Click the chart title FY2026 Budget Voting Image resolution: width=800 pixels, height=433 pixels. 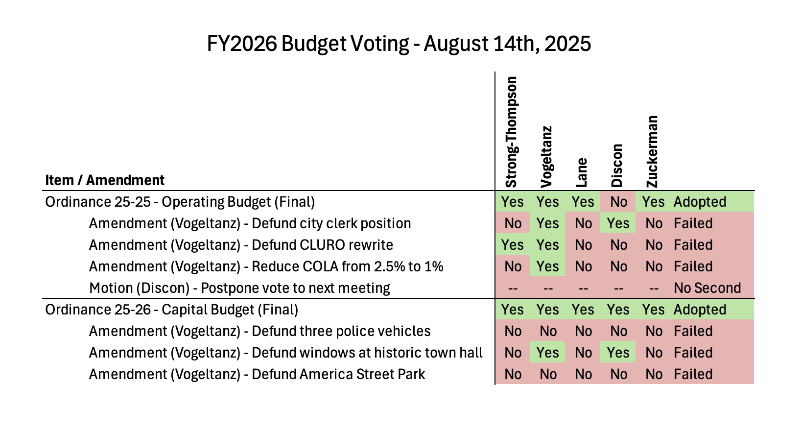399,44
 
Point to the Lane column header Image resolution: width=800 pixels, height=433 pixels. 582,172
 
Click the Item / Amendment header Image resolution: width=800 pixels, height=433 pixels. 105,180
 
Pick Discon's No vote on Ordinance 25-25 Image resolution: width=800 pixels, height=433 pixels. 618,202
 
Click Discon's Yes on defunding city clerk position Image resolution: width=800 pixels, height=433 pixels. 618,223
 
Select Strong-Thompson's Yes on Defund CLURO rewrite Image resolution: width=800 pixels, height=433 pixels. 512,245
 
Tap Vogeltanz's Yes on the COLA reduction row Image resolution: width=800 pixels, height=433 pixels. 547,266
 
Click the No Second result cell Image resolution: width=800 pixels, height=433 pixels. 707,288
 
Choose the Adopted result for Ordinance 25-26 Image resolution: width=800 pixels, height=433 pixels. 700,310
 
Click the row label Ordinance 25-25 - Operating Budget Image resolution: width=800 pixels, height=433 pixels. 180,202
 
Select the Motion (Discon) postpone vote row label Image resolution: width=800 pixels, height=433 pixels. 239,288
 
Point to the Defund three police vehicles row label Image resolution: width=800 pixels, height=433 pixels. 259,331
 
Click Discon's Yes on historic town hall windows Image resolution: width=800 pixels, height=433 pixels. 618,353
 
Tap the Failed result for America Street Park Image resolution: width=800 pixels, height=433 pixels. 693,374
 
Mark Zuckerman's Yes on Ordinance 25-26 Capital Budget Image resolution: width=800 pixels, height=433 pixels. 653,310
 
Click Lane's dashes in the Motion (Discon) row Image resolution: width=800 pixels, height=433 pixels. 583,288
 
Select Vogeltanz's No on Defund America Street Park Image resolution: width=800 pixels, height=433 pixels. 547,374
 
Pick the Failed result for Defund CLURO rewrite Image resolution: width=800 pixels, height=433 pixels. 693,245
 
